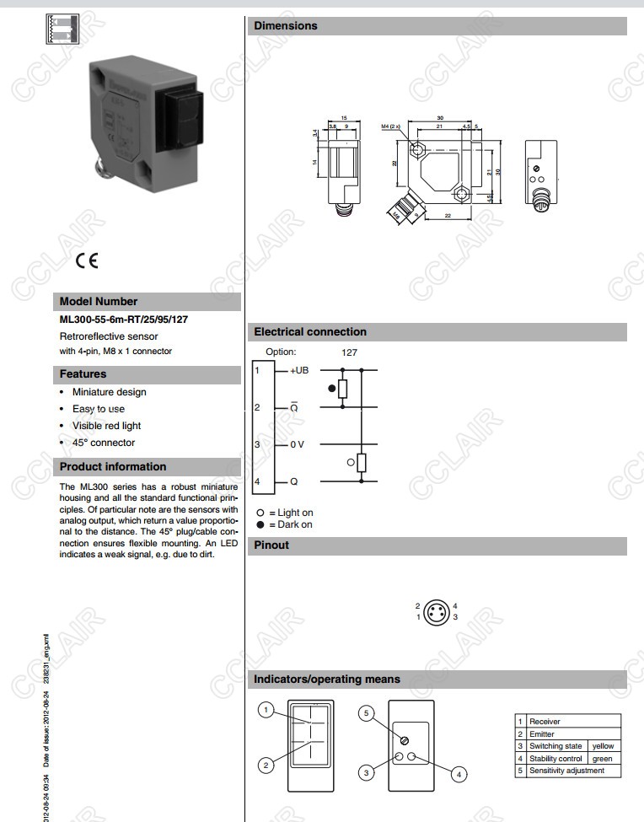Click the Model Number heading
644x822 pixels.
(99, 301)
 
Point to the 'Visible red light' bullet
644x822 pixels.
(106, 426)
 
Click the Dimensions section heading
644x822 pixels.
(286, 26)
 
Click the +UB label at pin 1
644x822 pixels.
(299, 370)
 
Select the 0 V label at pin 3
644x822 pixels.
(297, 444)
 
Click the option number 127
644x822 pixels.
(350, 352)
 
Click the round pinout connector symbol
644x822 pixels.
(436, 611)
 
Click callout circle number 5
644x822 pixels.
(366, 713)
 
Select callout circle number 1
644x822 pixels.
(266, 711)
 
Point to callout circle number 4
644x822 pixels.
(459, 772)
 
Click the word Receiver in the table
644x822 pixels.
(545, 722)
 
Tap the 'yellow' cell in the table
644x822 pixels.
(603, 746)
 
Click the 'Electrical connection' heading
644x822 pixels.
(310, 332)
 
